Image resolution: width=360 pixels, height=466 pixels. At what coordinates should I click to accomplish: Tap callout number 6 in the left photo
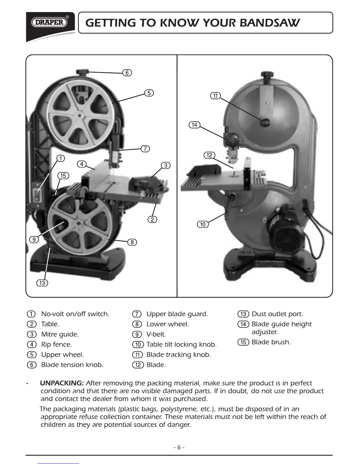pos(127,73)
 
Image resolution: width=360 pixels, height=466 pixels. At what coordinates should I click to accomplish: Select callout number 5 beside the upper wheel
pos(149,93)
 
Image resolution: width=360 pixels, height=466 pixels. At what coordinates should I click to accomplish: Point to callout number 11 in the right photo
pos(216,96)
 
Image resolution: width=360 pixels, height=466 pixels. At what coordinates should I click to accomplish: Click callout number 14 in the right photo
pos(194,125)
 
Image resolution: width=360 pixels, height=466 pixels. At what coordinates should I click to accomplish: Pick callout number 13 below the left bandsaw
pos(42,283)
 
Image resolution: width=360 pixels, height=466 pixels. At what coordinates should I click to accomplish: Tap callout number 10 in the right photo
pos(203,224)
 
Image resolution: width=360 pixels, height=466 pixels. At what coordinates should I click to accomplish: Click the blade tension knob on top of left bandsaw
pos(82,71)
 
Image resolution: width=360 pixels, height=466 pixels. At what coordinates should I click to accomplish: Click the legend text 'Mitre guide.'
pos(60,334)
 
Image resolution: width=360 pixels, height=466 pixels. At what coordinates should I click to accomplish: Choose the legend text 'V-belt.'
pos(156,334)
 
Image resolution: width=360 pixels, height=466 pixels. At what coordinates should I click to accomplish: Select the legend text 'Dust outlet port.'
pos(277,314)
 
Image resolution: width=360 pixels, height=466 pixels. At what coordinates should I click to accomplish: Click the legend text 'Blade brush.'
pos(271,342)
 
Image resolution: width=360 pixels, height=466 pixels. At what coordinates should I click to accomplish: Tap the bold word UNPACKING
pos(62,383)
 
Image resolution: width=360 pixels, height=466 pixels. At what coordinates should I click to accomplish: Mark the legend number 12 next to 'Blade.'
pos(138,365)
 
